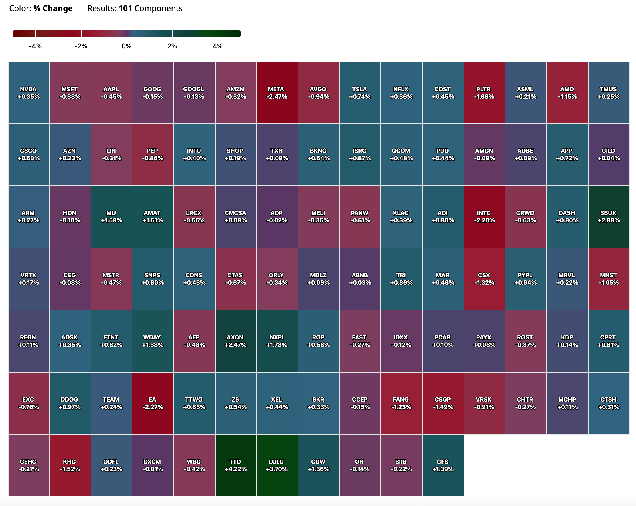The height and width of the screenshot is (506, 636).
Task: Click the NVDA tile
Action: point(29,93)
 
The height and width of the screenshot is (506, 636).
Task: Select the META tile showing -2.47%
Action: point(277,93)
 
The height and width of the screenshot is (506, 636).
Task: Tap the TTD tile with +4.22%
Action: point(235,465)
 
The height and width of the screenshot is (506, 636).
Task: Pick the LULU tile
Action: point(277,465)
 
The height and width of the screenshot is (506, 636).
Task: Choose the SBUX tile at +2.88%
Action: point(609,216)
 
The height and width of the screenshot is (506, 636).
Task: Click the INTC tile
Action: point(484,216)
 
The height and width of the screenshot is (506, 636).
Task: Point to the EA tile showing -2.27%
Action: point(153,403)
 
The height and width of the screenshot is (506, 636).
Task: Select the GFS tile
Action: point(443,465)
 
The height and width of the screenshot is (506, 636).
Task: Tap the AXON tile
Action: point(235,341)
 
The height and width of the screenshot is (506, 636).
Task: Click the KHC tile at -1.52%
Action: point(70,465)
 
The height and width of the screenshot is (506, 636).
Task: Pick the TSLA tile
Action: point(360,93)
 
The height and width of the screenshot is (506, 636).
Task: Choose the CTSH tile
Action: point(609,403)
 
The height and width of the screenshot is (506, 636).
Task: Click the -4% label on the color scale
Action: point(35,46)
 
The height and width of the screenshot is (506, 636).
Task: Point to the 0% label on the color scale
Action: point(127,46)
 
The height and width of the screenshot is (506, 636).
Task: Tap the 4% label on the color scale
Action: point(218,46)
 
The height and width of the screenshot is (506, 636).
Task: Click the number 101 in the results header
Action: point(125,8)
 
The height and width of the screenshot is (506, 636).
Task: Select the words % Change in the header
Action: point(53,8)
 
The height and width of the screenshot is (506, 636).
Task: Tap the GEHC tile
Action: point(29,465)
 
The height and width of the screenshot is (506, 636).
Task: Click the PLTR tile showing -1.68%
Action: point(484,93)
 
